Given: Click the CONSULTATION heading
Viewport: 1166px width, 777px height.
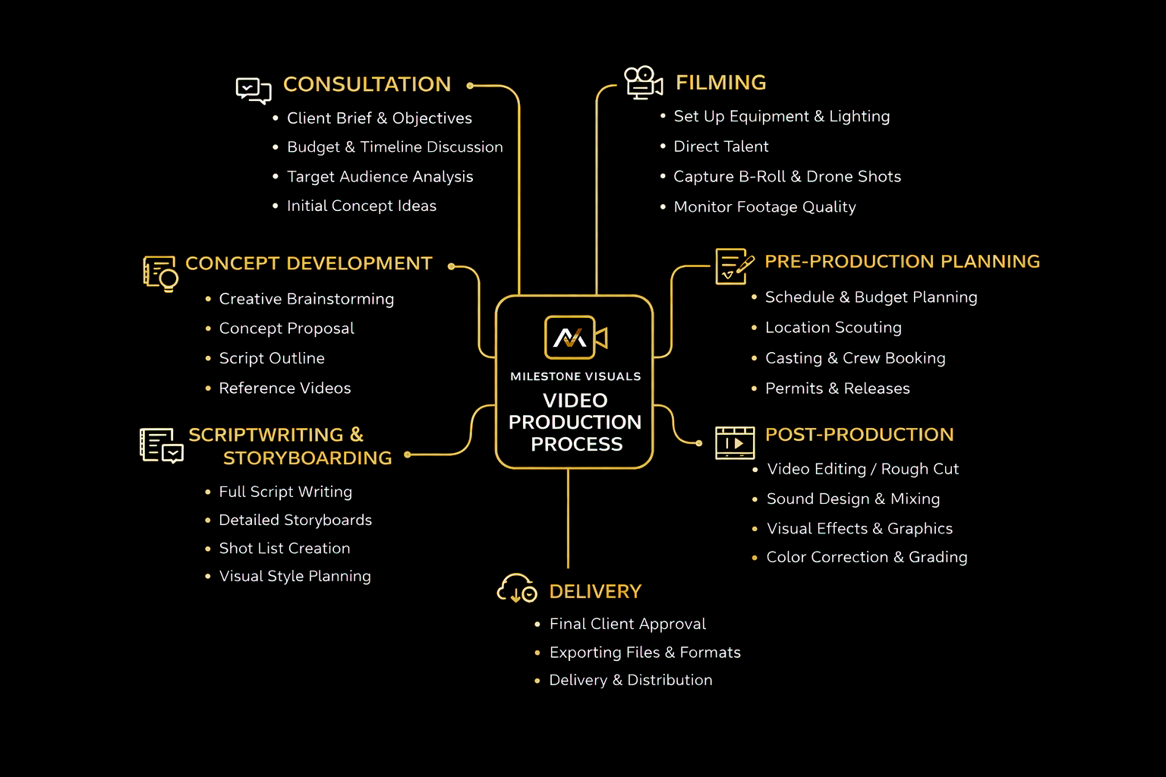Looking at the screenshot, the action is click(x=367, y=84).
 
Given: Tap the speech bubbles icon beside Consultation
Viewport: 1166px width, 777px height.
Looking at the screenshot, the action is click(x=254, y=90).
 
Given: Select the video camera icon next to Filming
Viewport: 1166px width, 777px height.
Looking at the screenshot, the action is click(x=643, y=83).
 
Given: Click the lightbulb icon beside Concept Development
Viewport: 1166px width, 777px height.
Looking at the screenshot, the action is click(x=160, y=273).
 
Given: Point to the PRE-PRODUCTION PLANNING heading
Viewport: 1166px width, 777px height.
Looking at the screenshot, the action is click(x=902, y=262).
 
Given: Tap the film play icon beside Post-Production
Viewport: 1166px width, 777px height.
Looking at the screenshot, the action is click(x=735, y=442).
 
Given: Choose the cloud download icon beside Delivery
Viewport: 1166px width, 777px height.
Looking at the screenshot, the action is click(x=517, y=589).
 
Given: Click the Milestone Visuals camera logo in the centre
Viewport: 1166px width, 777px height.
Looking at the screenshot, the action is click(x=575, y=338).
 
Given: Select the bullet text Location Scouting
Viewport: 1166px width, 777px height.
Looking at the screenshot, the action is click(x=833, y=328).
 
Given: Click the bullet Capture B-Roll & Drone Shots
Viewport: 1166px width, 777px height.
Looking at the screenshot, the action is click(x=786, y=177).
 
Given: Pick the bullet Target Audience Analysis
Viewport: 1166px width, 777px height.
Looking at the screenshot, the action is click(x=380, y=177).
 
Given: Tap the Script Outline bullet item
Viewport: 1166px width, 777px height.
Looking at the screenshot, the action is click(x=272, y=358).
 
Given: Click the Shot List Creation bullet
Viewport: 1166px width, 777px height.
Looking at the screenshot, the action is click(x=285, y=549).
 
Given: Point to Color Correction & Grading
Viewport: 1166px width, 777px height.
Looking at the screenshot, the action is click(x=866, y=558).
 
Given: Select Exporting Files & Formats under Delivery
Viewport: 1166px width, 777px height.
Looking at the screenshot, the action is click(x=644, y=653).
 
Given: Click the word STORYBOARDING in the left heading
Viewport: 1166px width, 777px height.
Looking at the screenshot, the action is click(x=307, y=458).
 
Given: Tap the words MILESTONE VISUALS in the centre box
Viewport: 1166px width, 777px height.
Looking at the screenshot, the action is click(x=575, y=376).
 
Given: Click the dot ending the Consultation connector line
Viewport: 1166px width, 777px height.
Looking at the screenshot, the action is click(x=471, y=86).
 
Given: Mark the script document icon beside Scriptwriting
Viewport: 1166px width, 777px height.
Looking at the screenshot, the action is click(x=161, y=445).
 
